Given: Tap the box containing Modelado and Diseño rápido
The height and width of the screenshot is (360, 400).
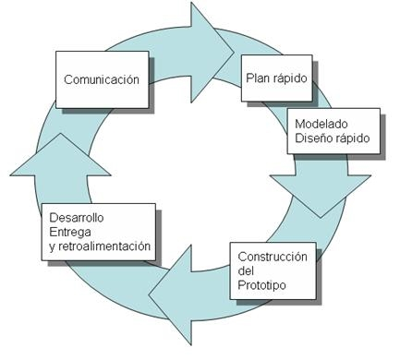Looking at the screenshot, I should (x=332, y=130).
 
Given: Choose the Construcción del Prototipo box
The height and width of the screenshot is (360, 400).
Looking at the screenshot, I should (x=273, y=270).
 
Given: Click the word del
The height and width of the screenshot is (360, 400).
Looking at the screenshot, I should (x=246, y=270).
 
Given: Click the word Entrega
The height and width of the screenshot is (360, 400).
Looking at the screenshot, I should (x=69, y=233).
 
